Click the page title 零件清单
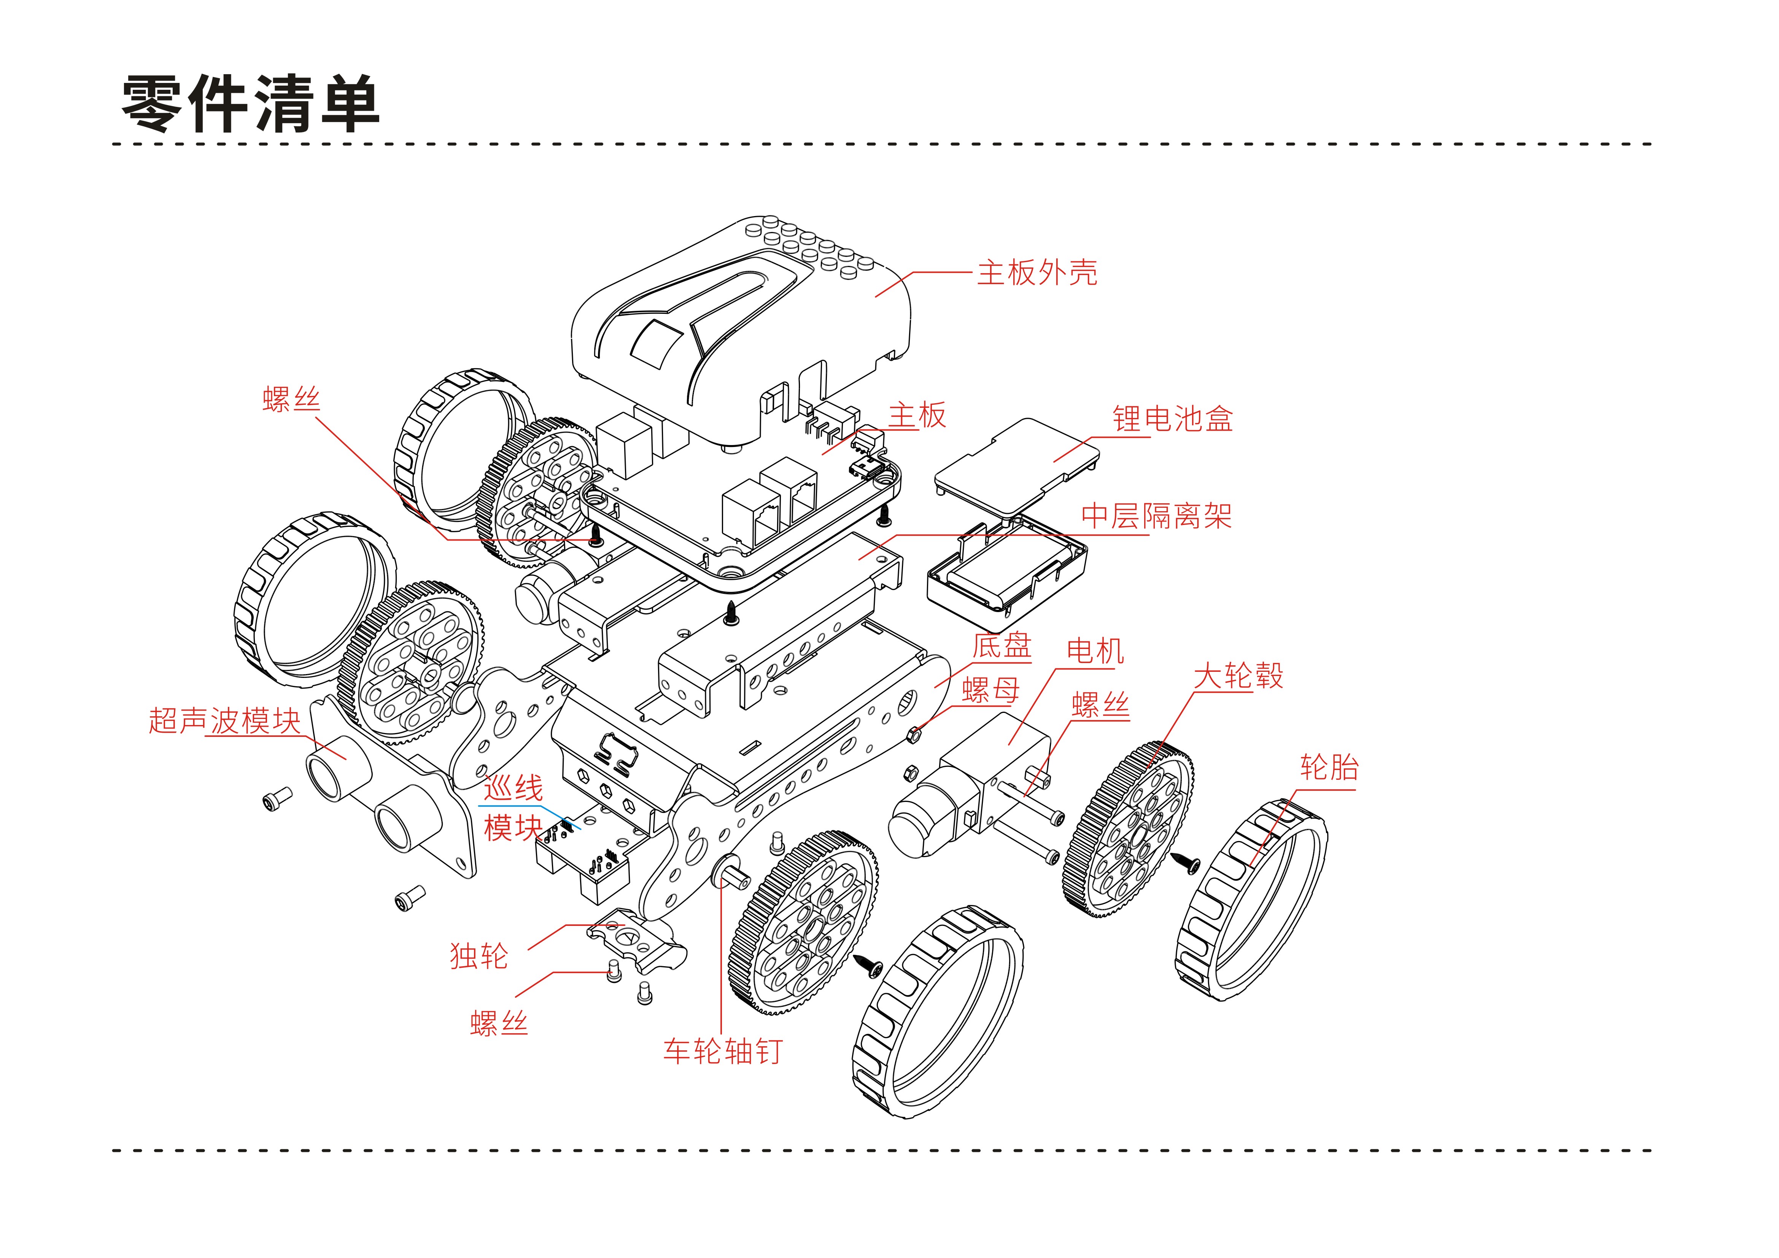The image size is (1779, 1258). point(250,104)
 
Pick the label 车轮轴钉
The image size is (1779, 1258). point(722,1051)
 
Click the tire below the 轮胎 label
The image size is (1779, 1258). point(1251,899)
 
